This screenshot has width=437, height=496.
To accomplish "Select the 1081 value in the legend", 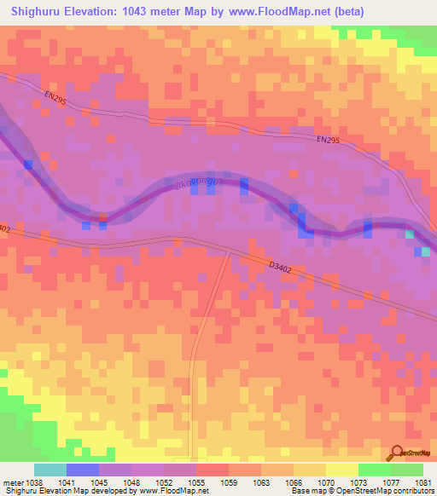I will [x=422, y=482].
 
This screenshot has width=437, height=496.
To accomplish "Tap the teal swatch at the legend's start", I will [x=50, y=470].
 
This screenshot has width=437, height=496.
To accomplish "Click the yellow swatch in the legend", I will [x=341, y=470].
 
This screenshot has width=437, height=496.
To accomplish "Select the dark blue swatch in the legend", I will [x=82, y=470].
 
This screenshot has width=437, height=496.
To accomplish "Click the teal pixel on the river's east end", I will [x=411, y=234].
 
